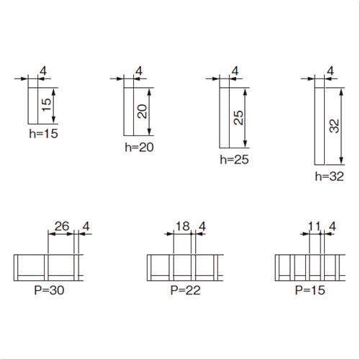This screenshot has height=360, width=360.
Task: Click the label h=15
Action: click(44, 134)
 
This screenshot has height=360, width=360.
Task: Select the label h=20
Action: click(139, 147)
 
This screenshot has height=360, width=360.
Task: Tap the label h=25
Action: click(235, 160)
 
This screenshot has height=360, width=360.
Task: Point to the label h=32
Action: click(330, 176)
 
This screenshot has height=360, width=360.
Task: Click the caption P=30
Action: click(49, 290)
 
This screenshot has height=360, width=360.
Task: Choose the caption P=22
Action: click(185, 290)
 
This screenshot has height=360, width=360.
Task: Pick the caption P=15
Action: click(310, 290)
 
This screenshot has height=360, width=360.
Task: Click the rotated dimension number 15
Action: click(46, 105)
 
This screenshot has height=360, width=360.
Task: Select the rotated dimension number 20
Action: click(142, 112)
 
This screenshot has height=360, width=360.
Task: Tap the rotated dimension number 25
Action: click(238, 117)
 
